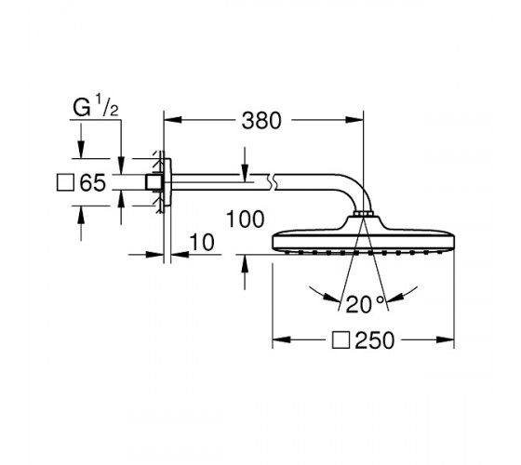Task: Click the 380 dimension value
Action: [x=261, y=120]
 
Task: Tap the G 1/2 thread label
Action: [x=96, y=105]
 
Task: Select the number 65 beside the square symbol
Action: [x=93, y=182]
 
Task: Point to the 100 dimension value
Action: [x=246, y=219]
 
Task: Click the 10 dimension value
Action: [x=202, y=242]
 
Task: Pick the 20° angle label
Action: [x=365, y=304]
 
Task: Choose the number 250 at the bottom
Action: [x=374, y=340]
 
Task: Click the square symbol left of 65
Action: [x=65, y=182]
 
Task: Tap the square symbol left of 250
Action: [x=341, y=340]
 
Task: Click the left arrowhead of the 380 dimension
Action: [x=173, y=120]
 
